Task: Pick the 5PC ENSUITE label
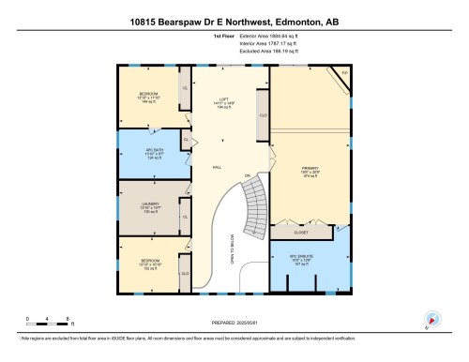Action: (310, 261)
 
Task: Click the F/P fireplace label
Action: (343, 72)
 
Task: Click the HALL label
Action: (217, 166)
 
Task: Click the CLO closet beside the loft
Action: (264, 116)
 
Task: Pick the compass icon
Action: (432, 320)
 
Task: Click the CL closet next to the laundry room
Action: (185, 217)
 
